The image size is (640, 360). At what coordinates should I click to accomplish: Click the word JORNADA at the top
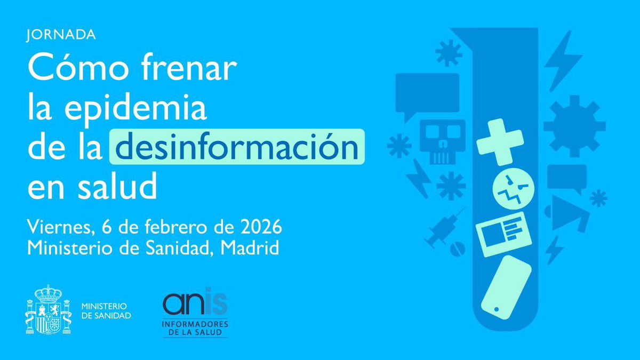(61, 35)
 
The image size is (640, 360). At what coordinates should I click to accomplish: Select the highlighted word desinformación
(237, 146)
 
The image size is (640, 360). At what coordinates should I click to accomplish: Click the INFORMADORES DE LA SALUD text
(195, 328)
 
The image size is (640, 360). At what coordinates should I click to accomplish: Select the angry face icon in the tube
(512, 190)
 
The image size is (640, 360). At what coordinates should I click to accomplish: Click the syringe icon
(443, 226)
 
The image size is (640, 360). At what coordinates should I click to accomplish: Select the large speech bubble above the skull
(427, 93)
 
